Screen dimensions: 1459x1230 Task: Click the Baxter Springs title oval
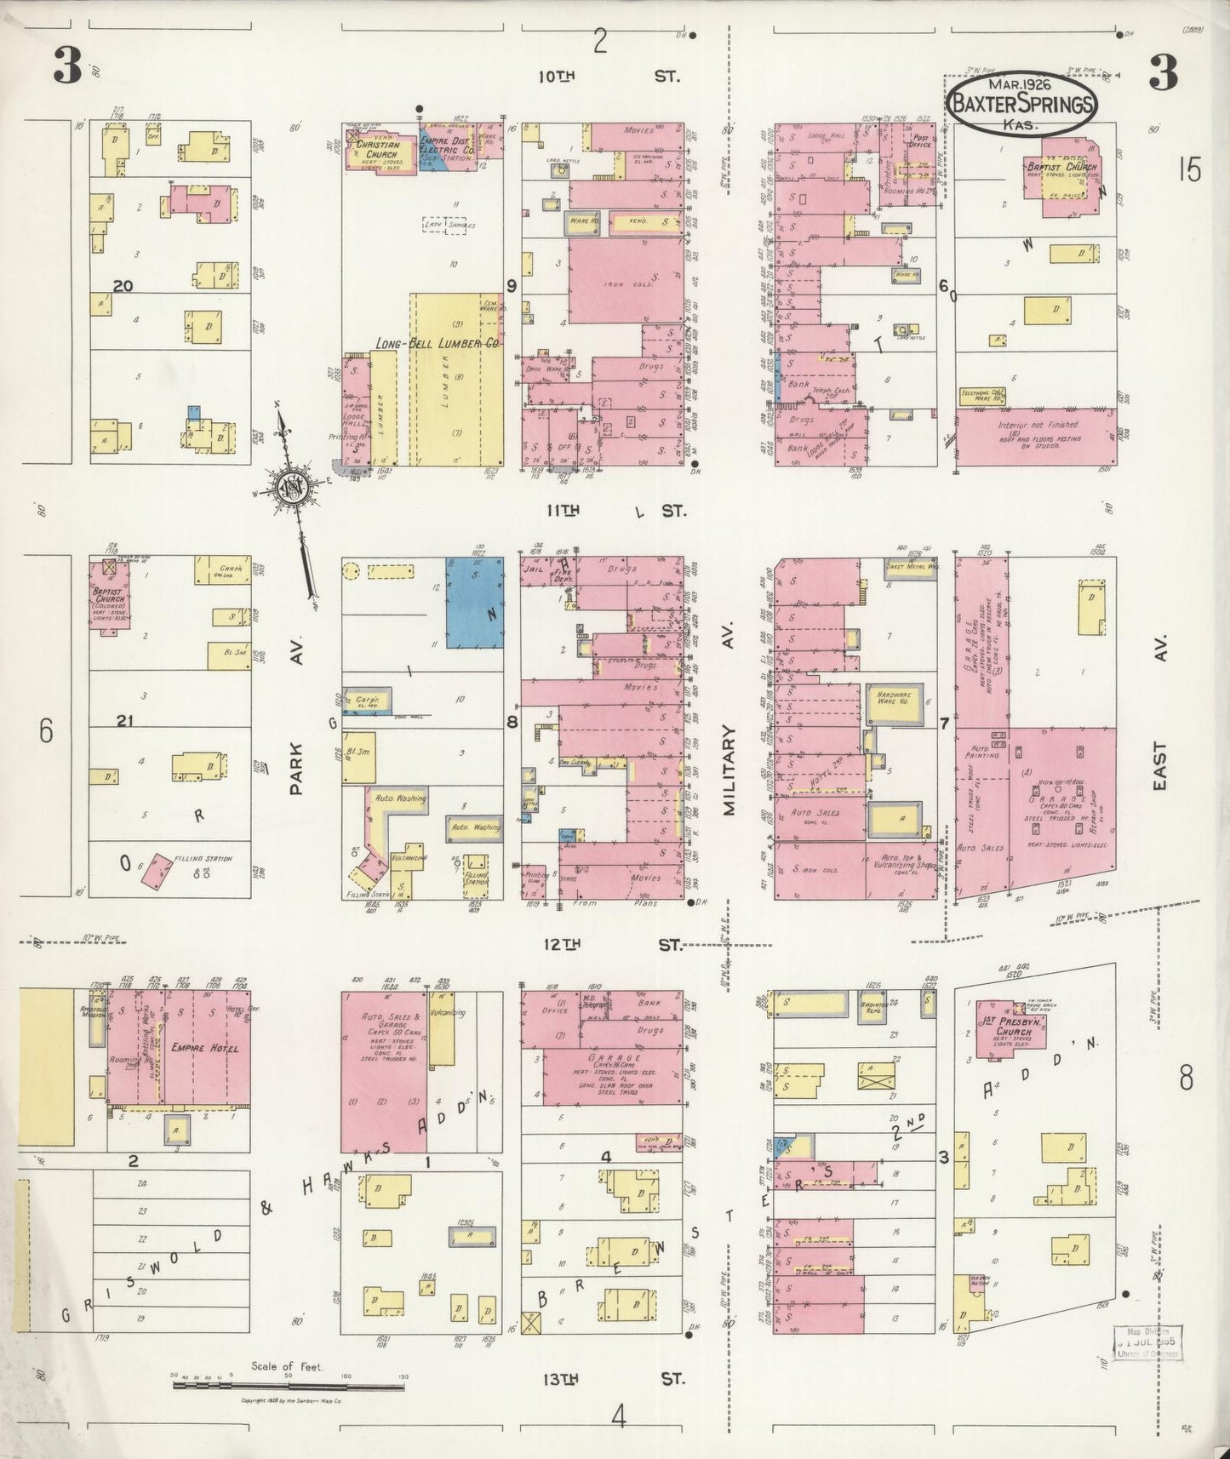(x=1022, y=103)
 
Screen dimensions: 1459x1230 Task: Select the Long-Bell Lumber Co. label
(x=438, y=343)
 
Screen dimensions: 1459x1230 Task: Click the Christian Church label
(x=377, y=150)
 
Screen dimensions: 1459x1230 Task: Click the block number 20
(x=123, y=286)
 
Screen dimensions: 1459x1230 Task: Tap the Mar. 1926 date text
(x=1020, y=85)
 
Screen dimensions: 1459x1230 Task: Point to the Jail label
(x=535, y=569)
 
